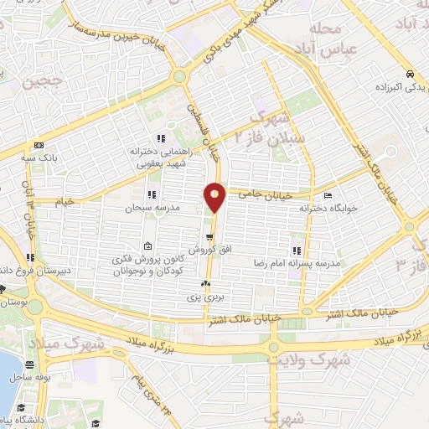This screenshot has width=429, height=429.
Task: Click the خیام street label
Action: point(64,201)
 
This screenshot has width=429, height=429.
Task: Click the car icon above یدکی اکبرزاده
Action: point(408,72)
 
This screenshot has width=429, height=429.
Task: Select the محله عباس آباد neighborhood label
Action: point(325,38)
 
